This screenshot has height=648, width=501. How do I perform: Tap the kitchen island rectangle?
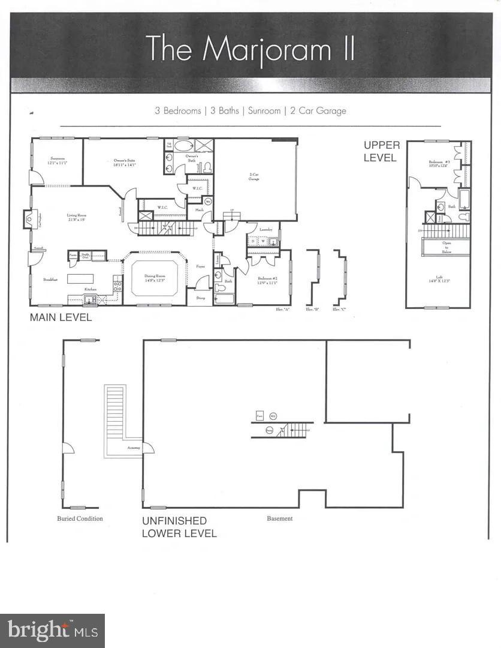[x=80, y=278]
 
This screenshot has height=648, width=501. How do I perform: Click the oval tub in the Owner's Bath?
[x=183, y=145]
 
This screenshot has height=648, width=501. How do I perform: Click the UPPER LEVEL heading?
[x=381, y=152]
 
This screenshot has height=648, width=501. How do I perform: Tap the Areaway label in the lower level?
[x=132, y=448]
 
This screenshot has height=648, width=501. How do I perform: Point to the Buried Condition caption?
[x=80, y=518]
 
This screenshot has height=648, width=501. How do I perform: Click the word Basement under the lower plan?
[x=280, y=518]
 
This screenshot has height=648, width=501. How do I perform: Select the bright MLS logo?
[x=52, y=631]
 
